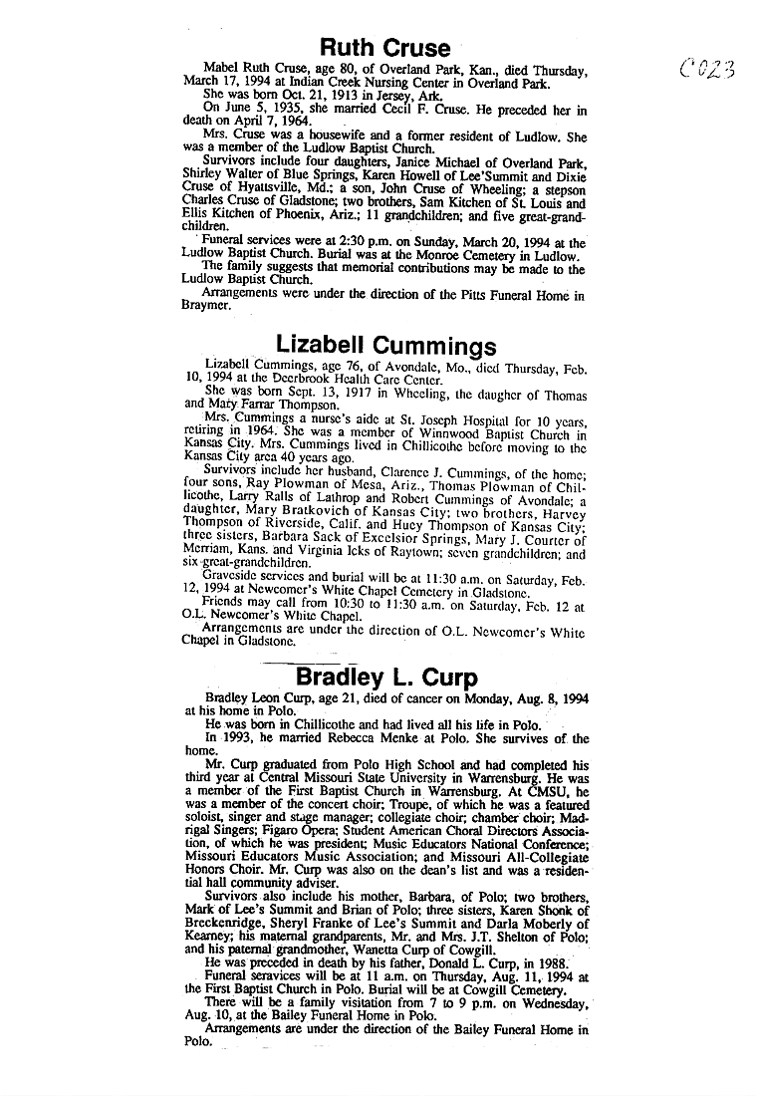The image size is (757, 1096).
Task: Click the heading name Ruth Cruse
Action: pyautogui.click(x=384, y=48)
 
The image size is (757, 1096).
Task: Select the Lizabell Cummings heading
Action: pyautogui.click(x=385, y=345)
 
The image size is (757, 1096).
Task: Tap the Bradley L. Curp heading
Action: pyautogui.click(x=385, y=678)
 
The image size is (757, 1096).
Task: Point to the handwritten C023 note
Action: pyautogui.click(x=708, y=69)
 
